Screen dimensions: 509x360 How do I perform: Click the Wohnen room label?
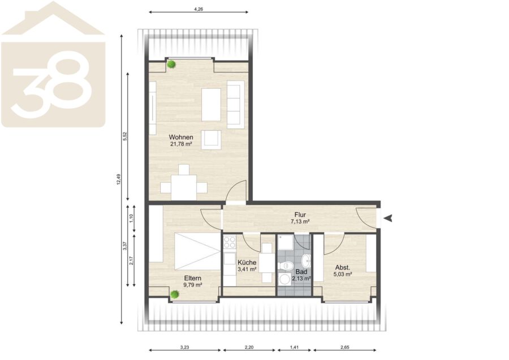(181, 137)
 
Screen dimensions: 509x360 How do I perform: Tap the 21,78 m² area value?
(181, 144)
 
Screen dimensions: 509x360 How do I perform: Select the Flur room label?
(300, 215)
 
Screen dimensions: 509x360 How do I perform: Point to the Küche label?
(247, 262)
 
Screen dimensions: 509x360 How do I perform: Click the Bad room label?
(301, 272)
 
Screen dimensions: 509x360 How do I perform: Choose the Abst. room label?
(343, 268)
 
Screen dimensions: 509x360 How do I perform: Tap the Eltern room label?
(192, 278)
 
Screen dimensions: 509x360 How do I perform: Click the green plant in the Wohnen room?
(171, 65)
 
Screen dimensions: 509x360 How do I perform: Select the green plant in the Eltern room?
(175, 295)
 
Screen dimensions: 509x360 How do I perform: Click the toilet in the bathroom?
(286, 266)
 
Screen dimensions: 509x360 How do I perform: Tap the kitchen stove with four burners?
(230, 242)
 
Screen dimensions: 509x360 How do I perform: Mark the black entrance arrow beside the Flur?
(388, 218)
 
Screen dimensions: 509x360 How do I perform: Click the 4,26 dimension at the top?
(199, 10)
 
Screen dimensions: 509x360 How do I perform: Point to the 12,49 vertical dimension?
(119, 179)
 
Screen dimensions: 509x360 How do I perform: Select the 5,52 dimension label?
(124, 136)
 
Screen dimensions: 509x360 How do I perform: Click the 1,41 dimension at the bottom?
(294, 347)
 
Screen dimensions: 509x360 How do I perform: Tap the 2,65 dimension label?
(345, 347)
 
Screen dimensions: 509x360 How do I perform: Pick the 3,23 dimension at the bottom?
(184, 347)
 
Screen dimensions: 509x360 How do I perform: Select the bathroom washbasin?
(306, 260)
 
